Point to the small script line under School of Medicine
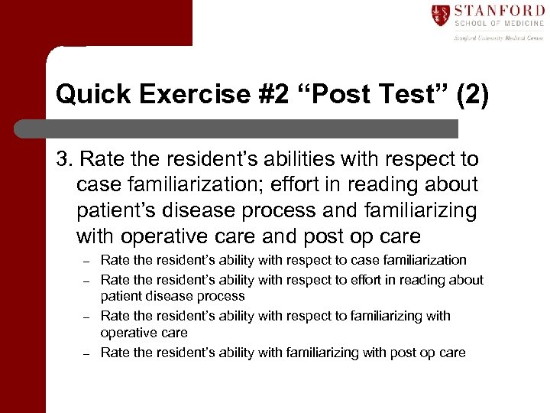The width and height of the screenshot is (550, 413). pyautogui.click(x=498, y=37)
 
